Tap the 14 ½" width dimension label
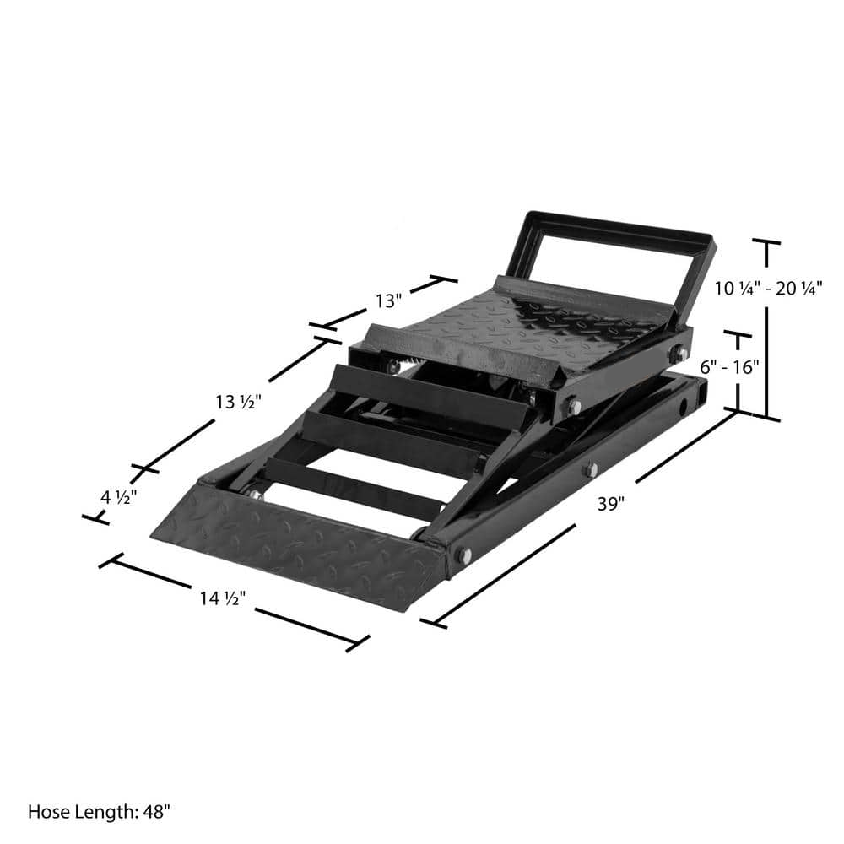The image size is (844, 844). click(223, 599)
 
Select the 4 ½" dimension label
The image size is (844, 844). click(119, 496)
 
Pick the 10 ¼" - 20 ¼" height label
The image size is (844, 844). click(768, 288)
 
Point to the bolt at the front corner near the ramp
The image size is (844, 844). click(463, 555)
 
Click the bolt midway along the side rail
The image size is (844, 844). click(590, 469)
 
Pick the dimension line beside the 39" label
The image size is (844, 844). click(506, 565)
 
